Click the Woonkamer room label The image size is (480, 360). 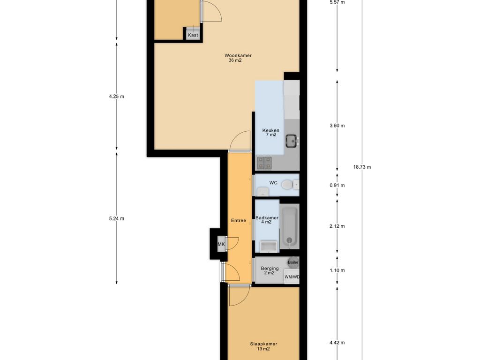point(238,55)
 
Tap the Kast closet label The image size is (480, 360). point(193,35)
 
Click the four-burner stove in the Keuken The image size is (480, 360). point(264,163)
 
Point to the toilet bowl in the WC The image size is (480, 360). point(287,185)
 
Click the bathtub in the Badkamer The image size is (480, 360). point(289,227)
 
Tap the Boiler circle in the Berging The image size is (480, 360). point(293,262)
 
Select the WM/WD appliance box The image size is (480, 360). point(292,277)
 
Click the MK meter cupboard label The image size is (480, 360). point(221,244)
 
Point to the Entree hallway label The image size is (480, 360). point(239,220)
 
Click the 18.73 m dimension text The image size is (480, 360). point(362,167)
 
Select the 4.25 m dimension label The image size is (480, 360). point(117,97)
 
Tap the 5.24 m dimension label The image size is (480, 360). point(117,218)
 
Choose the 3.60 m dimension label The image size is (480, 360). point(337,126)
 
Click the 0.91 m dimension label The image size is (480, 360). point(337,185)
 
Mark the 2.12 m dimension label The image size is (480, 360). point(337,226)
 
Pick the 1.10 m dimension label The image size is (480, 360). point(337,270)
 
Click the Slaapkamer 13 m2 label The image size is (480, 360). point(263,346)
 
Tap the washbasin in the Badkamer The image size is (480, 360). point(269,247)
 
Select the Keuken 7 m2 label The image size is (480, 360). point(270,133)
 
